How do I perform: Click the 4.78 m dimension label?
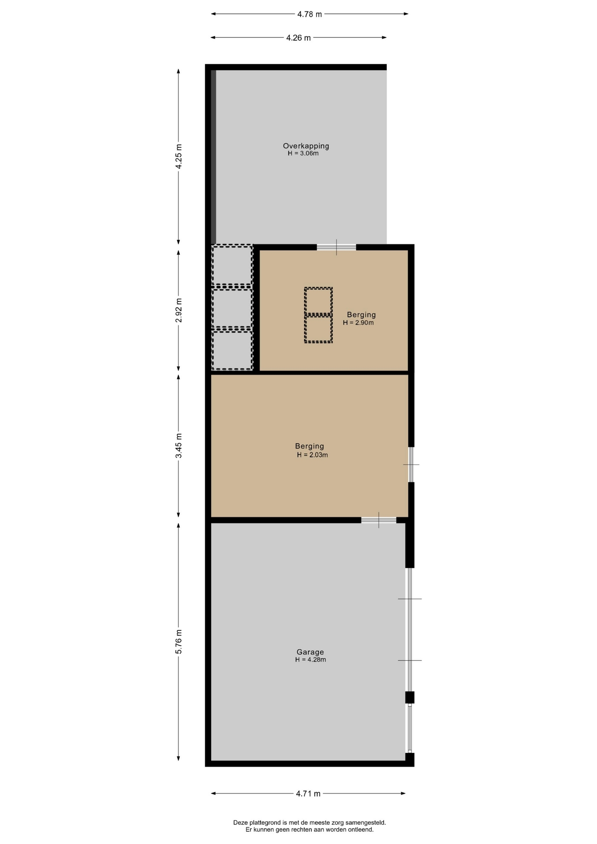[309, 14]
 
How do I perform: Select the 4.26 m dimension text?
[298, 38]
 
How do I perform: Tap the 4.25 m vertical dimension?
[178, 156]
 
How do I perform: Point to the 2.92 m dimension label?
[178, 310]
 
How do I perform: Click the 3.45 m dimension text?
[178, 446]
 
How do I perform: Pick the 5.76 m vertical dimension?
[178, 642]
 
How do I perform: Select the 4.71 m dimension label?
[308, 793]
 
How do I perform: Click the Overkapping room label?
[306, 146]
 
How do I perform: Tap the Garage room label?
[310, 652]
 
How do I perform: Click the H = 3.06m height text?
[303, 153]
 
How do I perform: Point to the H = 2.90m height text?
[358, 323]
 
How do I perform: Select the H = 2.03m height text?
[312, 455]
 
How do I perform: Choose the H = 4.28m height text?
[310, 659]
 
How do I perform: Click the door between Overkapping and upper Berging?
[336, 247]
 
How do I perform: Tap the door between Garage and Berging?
[379, 520]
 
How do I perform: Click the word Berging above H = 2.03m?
[309, 447]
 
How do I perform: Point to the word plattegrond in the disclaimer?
[264, 822]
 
